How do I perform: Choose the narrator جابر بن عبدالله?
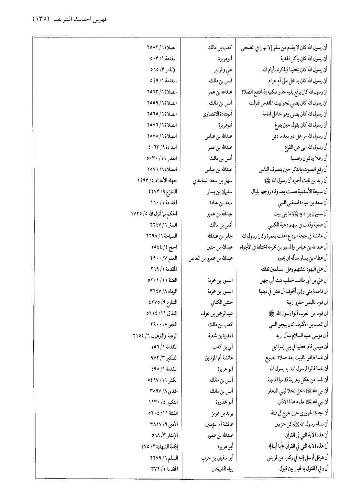[218, 236]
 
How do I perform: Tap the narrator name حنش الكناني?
[220, 302]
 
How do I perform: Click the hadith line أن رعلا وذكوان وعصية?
[309, 158]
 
